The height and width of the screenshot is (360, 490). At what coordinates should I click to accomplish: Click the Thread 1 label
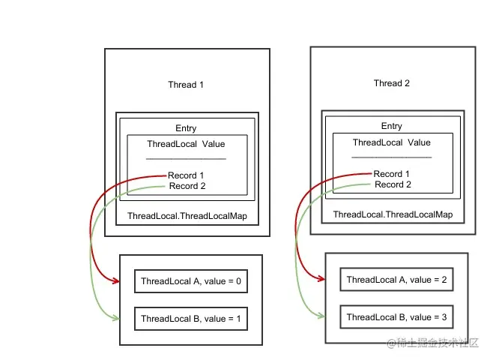tap(186, 85)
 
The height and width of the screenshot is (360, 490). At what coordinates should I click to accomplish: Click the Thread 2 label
tap(392, 83)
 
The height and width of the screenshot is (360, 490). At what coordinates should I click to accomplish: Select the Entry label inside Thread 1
tap(186, 128)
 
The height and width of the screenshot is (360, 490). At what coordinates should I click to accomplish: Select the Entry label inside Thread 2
tap(392, 126)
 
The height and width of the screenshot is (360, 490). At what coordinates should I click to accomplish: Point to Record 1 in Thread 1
tap(187, 176)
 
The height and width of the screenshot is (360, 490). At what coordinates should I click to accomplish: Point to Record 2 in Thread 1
tap(187, 186)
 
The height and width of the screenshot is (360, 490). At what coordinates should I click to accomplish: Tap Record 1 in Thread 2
tap(393, 174)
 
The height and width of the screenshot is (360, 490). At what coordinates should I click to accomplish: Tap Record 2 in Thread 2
tap(393, 184)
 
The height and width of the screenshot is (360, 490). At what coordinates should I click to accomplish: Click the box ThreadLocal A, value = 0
tap(190, 282)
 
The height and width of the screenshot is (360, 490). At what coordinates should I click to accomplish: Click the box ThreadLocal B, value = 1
tap(190, 319)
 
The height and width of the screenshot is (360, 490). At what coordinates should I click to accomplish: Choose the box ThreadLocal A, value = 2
tap(396, 280)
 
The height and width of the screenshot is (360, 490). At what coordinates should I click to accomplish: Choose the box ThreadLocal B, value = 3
tap(396, 316)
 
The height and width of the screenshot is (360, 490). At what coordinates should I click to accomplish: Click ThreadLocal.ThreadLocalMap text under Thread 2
tap(393, 214)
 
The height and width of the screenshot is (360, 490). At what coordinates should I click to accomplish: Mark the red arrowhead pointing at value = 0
tap(116, 282)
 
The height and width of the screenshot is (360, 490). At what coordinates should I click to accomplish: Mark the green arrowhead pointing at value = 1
tap(116, 319)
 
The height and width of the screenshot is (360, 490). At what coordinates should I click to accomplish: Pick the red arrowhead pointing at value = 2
tap(321, 280)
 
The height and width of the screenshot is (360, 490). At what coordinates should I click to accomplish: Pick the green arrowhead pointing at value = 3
tap(321, 316)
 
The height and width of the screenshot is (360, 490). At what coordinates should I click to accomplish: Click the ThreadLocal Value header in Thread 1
tap(186, 144)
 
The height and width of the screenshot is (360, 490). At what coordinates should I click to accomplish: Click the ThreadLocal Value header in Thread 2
tap(392, 142)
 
